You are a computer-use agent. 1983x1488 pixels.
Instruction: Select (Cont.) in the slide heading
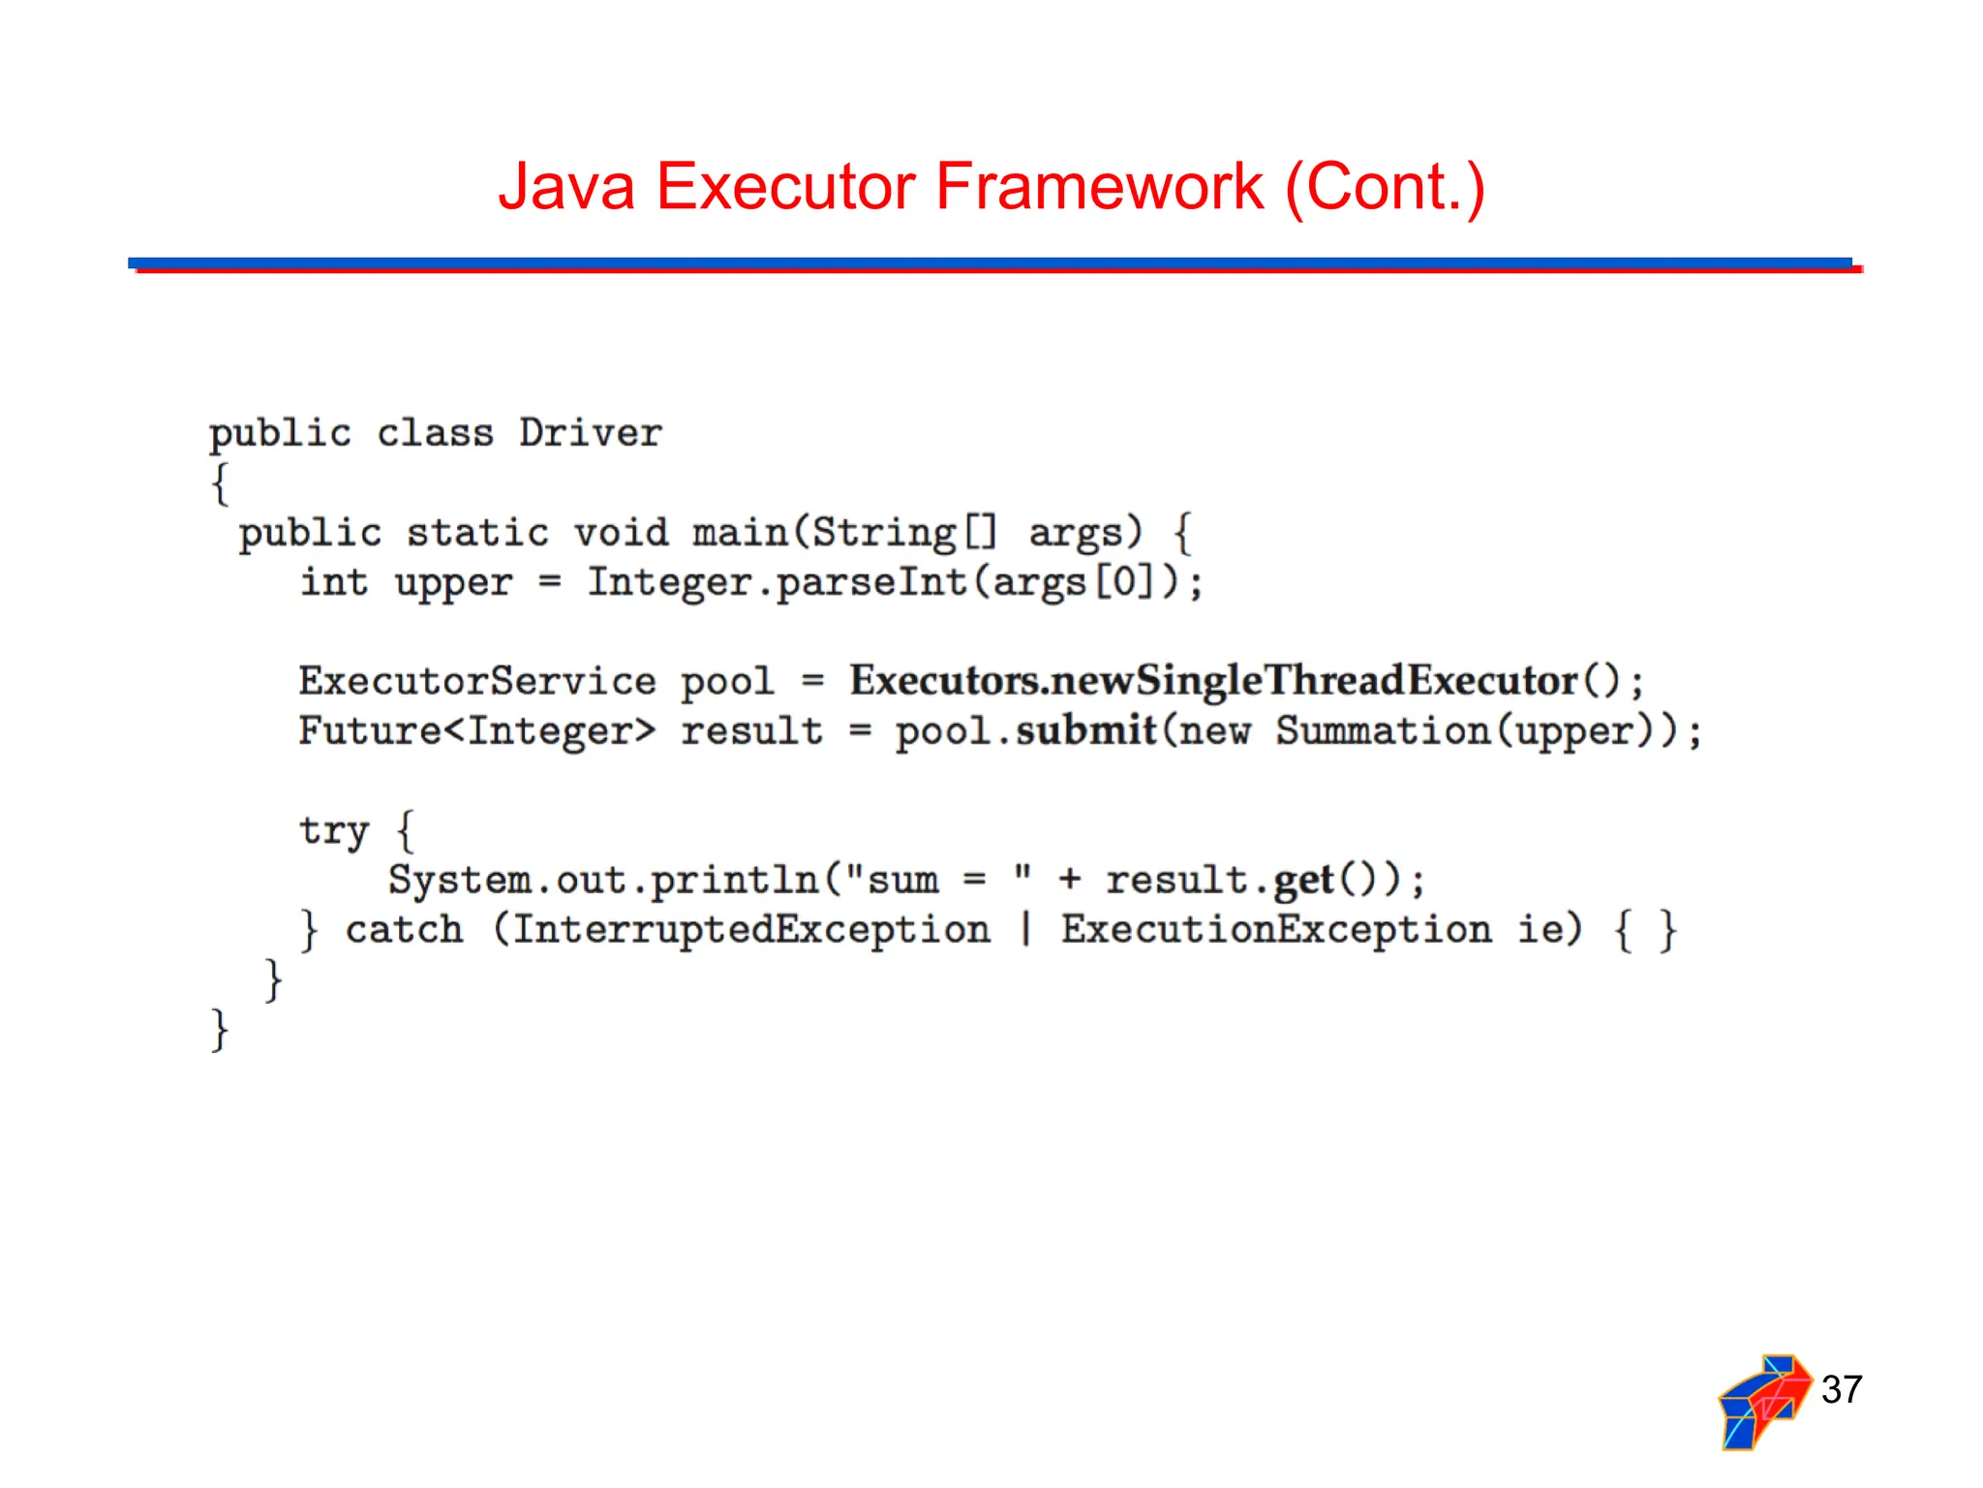coord(1385,186)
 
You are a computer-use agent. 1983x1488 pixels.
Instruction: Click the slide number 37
coord(1841,1389)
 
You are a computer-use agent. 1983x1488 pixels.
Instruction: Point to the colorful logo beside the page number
coord(1764,1401)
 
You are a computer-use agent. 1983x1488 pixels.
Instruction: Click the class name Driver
coord(590,433)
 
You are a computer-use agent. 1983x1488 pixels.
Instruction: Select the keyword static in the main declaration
coord(477,533)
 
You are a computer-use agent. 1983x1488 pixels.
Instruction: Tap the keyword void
coord(621,533)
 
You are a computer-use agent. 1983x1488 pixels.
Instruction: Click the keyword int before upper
coord(334,582)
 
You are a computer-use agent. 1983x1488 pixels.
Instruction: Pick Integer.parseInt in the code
coord(777,582)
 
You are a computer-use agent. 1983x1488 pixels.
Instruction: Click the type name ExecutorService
coord(477,681)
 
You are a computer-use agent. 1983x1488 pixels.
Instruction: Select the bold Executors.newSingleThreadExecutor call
coord(1214,681)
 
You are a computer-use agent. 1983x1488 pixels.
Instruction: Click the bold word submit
coord(1085,730)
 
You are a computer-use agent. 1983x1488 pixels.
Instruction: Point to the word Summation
coord(1383,730)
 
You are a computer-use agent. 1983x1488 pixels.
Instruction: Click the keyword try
coord(334,831)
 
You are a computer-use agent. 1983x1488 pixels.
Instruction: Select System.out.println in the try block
coord(604,880)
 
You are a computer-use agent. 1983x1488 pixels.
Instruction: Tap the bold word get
coord(1303,880)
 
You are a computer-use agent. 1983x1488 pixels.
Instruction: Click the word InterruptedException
coord(750,930)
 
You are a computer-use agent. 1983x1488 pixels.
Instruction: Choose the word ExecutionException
coord(1276,930)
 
